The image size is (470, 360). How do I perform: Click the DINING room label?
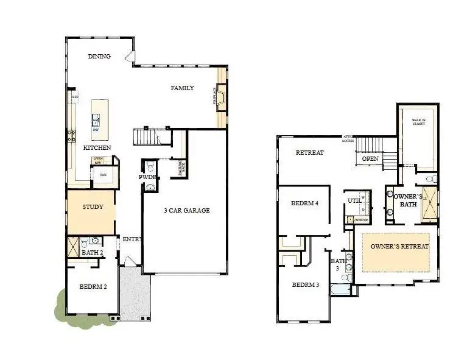pos(99,57)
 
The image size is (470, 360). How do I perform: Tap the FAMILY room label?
pos(182,88)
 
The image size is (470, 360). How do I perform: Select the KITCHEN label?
pos(97,148)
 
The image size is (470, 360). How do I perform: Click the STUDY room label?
pos(93,206)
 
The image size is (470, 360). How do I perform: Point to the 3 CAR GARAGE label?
pos(187,211)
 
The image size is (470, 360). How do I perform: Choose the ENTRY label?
pos(132,239)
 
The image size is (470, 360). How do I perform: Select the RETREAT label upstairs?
pos(309,152)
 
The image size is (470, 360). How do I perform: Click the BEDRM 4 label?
pos(304,203)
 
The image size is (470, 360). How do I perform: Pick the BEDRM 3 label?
pos(305,285)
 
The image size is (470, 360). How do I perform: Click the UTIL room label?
pos(354,200)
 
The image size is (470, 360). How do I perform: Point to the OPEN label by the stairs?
pos(370,159)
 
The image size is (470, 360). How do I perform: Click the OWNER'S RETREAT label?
pos(400,246)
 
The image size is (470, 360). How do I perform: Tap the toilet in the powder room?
pos(150,166)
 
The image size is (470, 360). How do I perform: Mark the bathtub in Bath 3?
pos(341,288)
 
